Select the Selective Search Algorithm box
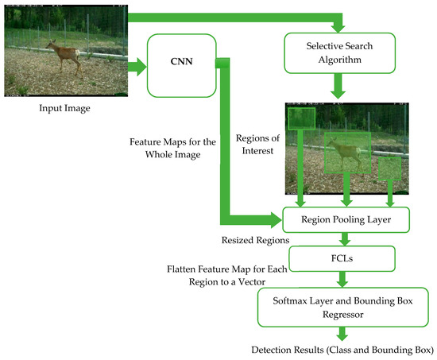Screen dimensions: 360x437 [341, 53]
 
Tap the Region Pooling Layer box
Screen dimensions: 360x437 [341, 217]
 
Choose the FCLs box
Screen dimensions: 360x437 [341, 257]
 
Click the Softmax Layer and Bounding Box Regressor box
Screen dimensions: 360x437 [341, 307]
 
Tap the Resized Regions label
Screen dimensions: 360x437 [255, 238]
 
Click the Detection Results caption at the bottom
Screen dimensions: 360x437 [341, 350]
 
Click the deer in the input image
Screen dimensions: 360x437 [65, 58]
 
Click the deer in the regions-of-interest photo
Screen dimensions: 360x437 [346, 153]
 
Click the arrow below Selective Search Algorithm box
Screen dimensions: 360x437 [341, 84]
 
